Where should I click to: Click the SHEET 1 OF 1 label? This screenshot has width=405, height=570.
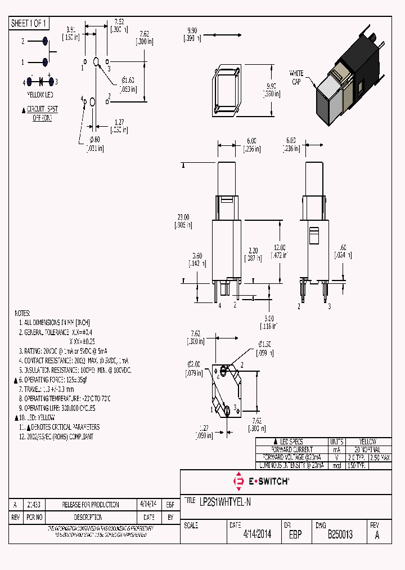pos(29,23)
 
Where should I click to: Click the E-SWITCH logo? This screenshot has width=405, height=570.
pos(261,481)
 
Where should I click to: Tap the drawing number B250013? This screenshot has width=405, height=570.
pos(340,535)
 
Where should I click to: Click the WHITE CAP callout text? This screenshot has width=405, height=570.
pos(296,77)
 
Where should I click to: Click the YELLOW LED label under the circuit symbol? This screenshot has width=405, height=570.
pos(40,94)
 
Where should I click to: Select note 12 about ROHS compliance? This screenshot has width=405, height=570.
pos(56,437)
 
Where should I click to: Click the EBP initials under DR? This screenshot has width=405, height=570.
pos(295,535)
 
